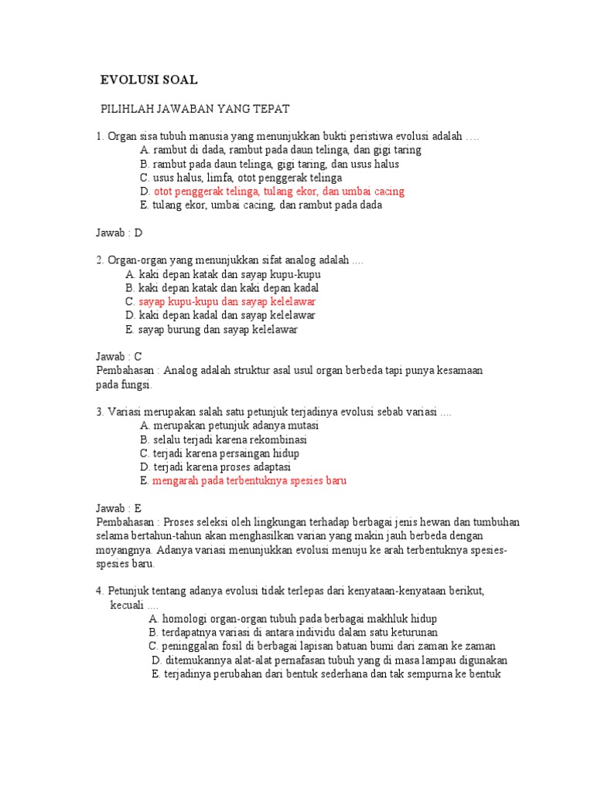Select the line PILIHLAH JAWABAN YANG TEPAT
click(196, 109)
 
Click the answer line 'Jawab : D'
click(120, 233)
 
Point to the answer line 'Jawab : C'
click(120, 357)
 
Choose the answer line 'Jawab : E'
click(120, 508)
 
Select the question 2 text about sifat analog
click(230, 260)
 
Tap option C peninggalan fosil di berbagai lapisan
click(323, 646)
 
